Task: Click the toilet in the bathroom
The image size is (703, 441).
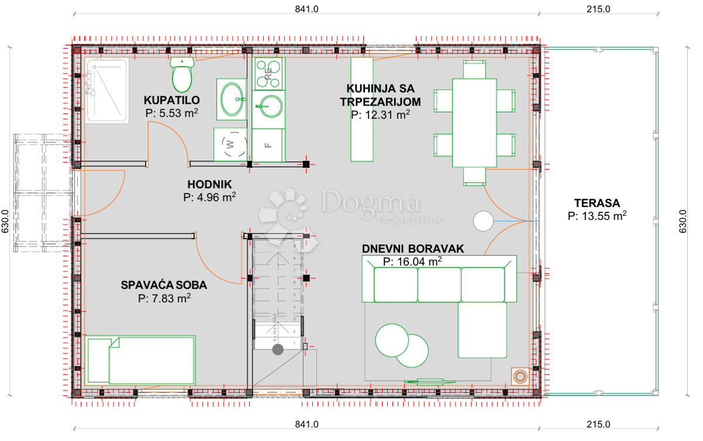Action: click(x=183, y=73)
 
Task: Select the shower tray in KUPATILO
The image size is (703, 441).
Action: click(x=107, y=90)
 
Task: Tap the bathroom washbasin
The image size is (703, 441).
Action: click(x=233, y=99)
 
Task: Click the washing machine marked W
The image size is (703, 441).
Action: click(x=230, y=143)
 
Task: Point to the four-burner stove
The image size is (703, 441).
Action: click(x=268, y=73)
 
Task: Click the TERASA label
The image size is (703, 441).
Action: click(x=597, y=203)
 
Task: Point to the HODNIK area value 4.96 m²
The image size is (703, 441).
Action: click(x=209, y=197)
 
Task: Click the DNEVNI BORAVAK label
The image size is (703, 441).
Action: click(x=412, y=249)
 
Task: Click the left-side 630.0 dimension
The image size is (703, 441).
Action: click(x=5, y=222)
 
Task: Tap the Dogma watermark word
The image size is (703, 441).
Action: click(x=370, y=203)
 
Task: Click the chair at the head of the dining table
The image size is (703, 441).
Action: click(x=474, y=70)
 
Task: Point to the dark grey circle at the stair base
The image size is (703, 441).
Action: click(x=278, y=350)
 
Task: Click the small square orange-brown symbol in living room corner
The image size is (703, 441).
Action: click(x=520, y=375)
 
